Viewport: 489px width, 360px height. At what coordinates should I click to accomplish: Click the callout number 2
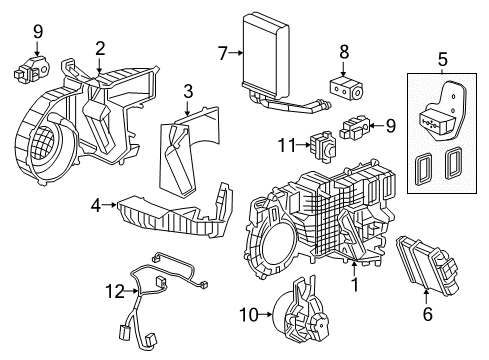coord(100,47)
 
